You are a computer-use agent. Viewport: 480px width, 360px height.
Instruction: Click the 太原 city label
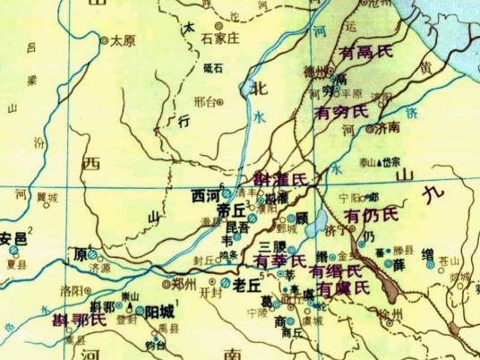coord(123,40)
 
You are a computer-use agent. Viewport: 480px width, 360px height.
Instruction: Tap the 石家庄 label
coord(218,39)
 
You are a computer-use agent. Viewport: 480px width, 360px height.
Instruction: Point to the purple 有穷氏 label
coord(341,112)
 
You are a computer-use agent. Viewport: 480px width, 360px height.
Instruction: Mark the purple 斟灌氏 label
coord(280,178)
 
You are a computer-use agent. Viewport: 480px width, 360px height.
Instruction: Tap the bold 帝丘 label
coord(230,211)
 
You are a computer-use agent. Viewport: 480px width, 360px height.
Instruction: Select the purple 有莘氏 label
coord(279,261)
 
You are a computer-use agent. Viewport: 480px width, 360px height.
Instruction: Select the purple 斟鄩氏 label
coord(79,318)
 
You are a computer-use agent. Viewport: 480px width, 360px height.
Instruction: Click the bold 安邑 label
coord(13,238)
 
